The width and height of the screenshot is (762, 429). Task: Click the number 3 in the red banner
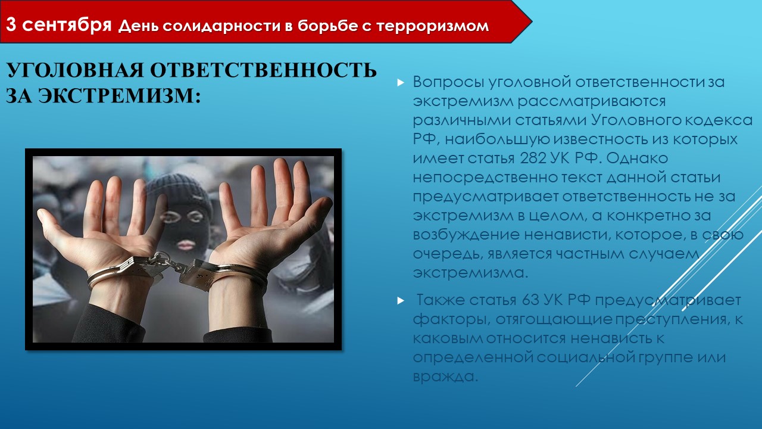(x=11, y=24)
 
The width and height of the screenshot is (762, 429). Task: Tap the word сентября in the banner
(x=67, y=25)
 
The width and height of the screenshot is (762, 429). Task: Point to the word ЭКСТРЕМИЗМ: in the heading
(x=119, y=96)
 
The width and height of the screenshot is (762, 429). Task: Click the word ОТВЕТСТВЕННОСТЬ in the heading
(x=263, y=70)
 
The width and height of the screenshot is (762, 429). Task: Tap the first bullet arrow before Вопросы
(x=401, y=82)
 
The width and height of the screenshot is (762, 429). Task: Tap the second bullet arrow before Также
(x=401, y=301)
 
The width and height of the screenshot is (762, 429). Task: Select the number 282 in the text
(x=533, y=158)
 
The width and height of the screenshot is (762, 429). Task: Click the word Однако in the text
(x=637, y=158)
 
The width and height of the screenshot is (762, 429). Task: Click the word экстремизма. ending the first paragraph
(x=470, y=273)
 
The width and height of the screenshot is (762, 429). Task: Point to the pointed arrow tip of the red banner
(x=531, y=22)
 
